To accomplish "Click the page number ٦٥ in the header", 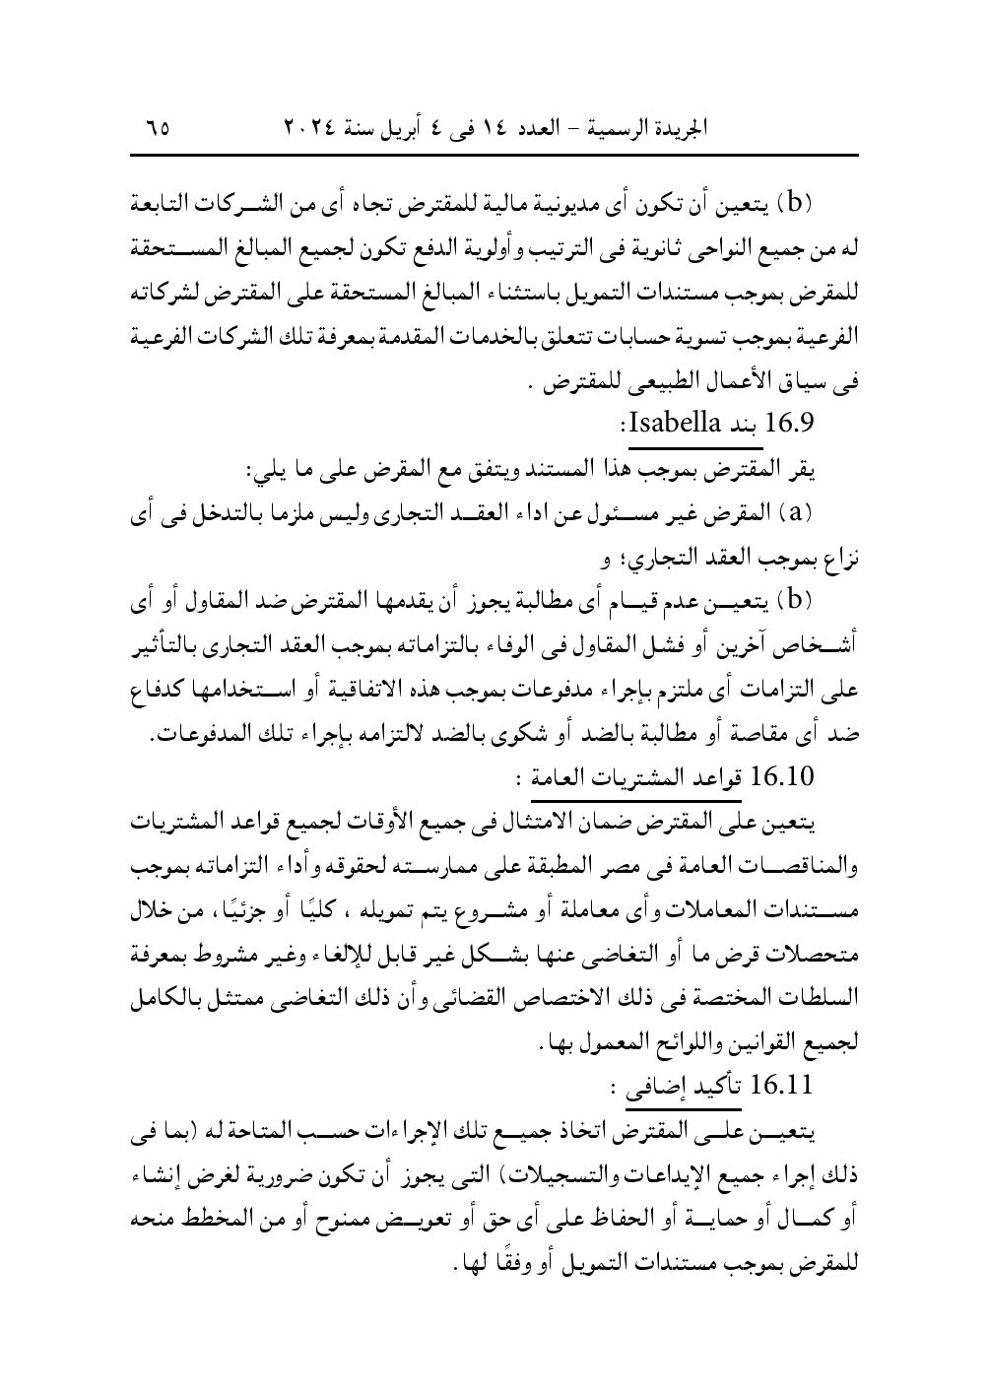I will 157,129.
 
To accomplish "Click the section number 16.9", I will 788,427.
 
